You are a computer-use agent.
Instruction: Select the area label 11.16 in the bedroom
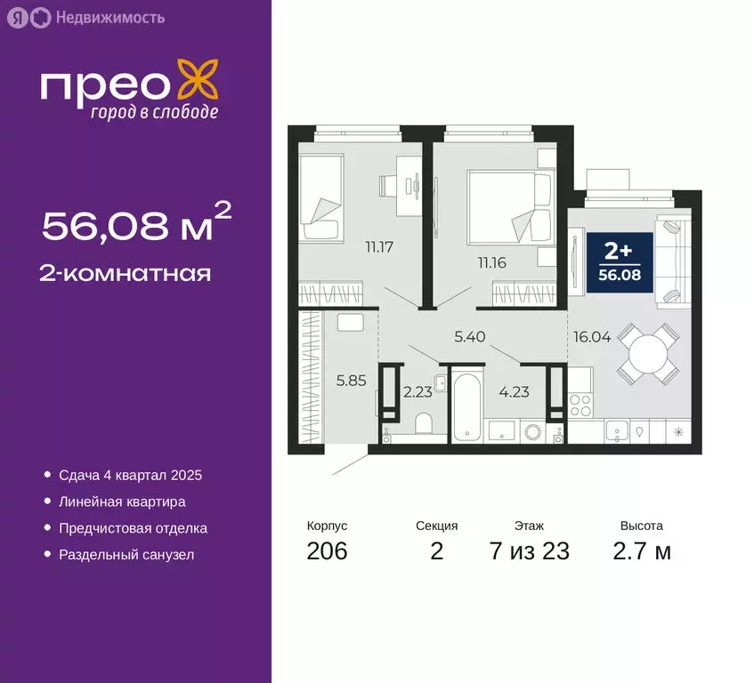pos(490,261)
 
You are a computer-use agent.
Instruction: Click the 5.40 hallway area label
pos(470,337)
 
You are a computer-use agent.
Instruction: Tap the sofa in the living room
pos(672,259)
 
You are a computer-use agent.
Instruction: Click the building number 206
pos(327,551)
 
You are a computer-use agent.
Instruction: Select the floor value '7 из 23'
pos(529,551)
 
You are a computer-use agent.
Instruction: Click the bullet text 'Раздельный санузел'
pos(126,555)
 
